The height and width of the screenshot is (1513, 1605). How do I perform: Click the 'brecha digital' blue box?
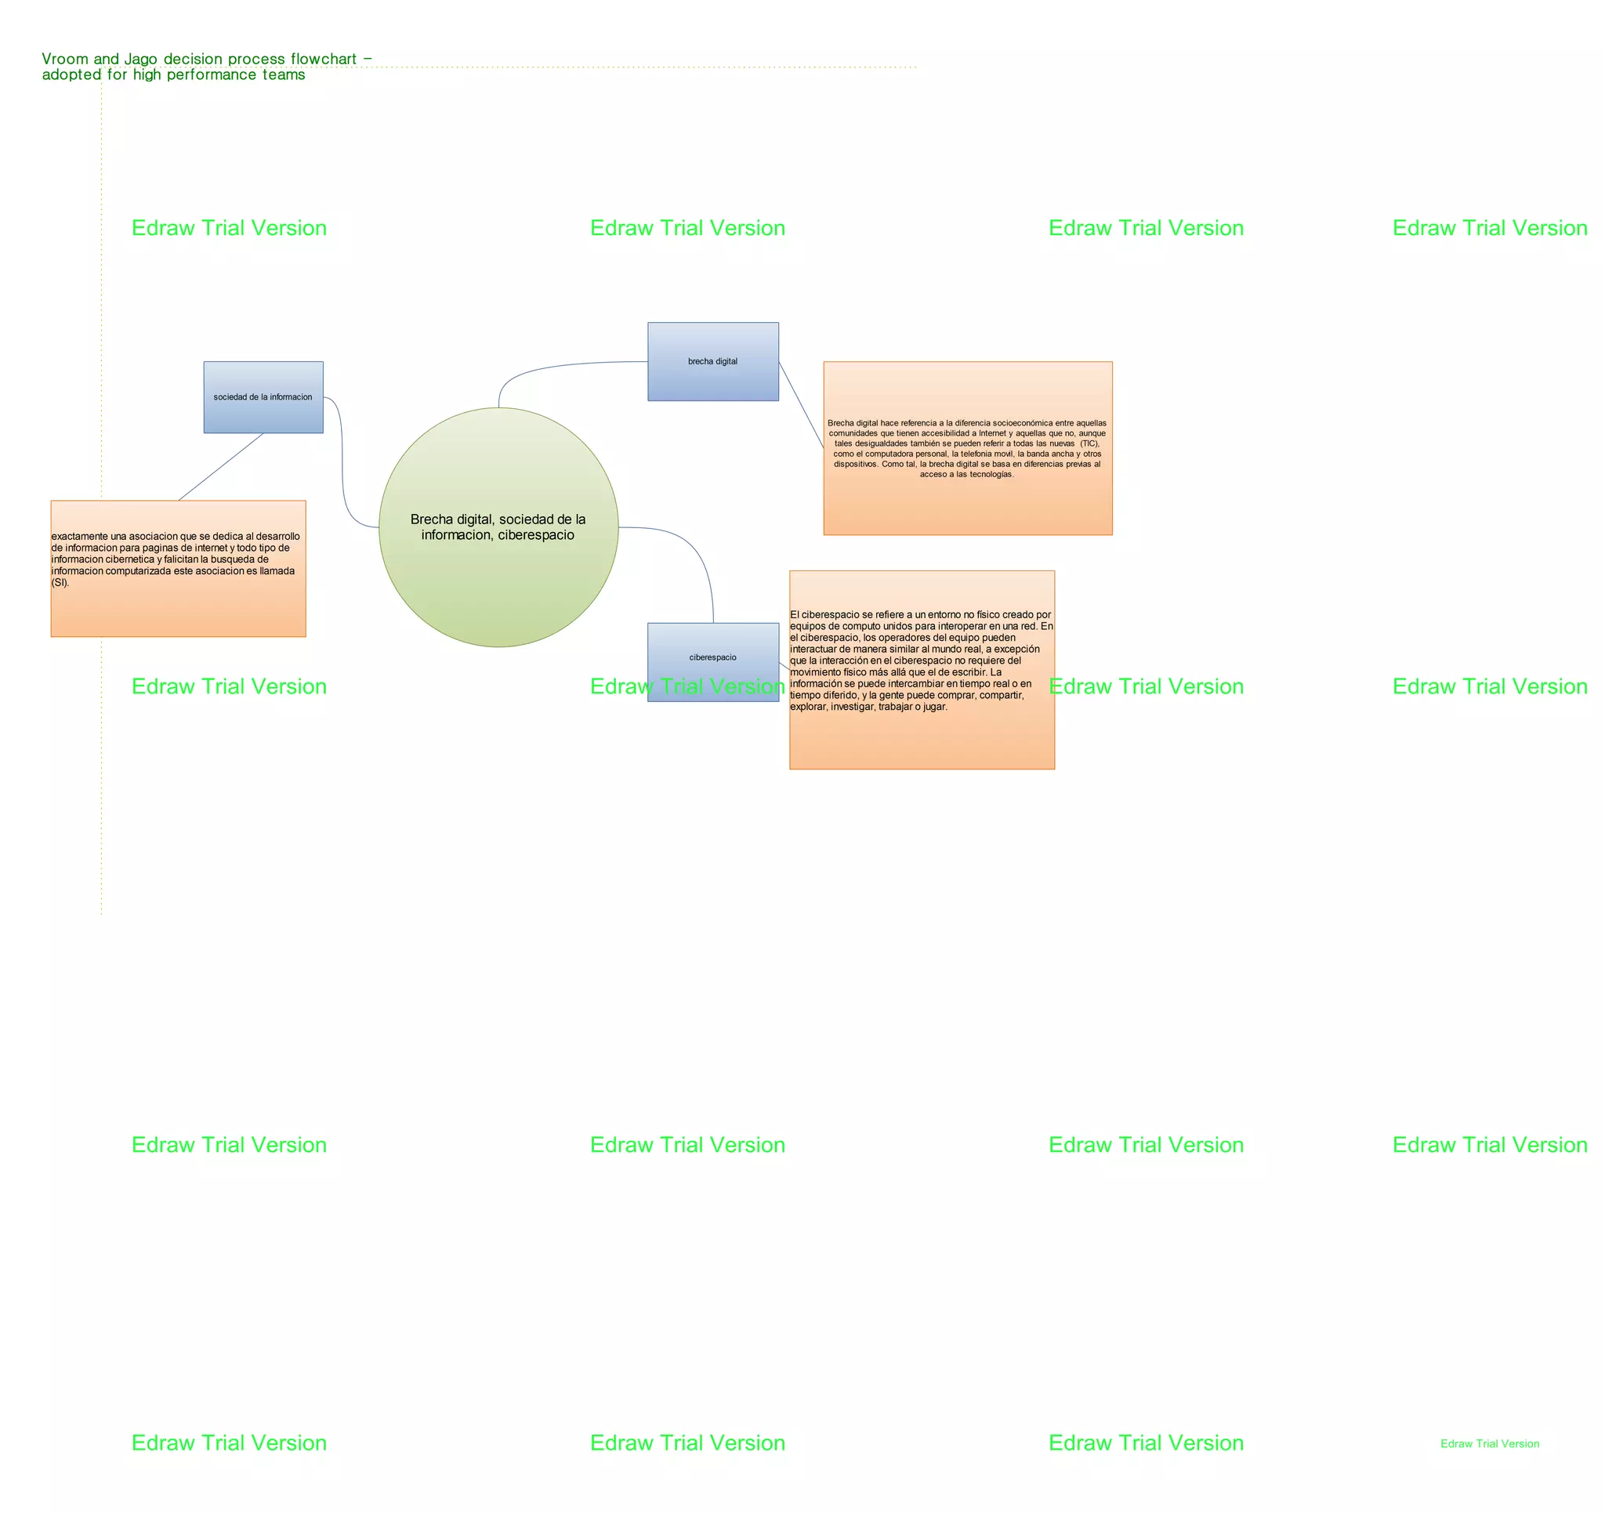(713, 362)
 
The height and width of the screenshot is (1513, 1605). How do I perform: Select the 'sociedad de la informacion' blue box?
(263, 397)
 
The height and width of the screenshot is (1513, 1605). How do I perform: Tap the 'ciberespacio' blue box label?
(713, 657)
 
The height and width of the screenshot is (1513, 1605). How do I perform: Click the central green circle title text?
(498, 527)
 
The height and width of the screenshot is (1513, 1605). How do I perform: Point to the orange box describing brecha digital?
(968, 448)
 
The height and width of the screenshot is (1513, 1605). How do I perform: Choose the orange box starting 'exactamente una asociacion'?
(179, 568)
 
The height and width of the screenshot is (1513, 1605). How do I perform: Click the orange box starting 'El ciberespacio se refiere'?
(922, 670)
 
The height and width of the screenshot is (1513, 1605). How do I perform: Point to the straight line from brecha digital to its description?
(801, 404)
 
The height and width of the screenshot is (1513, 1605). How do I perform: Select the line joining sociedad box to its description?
(220, 467)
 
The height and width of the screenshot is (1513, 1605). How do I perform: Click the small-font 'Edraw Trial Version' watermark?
(1490, 1443)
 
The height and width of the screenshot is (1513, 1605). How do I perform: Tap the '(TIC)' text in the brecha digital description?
(1090, 443)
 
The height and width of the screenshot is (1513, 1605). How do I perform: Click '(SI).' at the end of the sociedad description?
(60, 582)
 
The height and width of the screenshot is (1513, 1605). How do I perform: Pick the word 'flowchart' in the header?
(324, 59)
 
